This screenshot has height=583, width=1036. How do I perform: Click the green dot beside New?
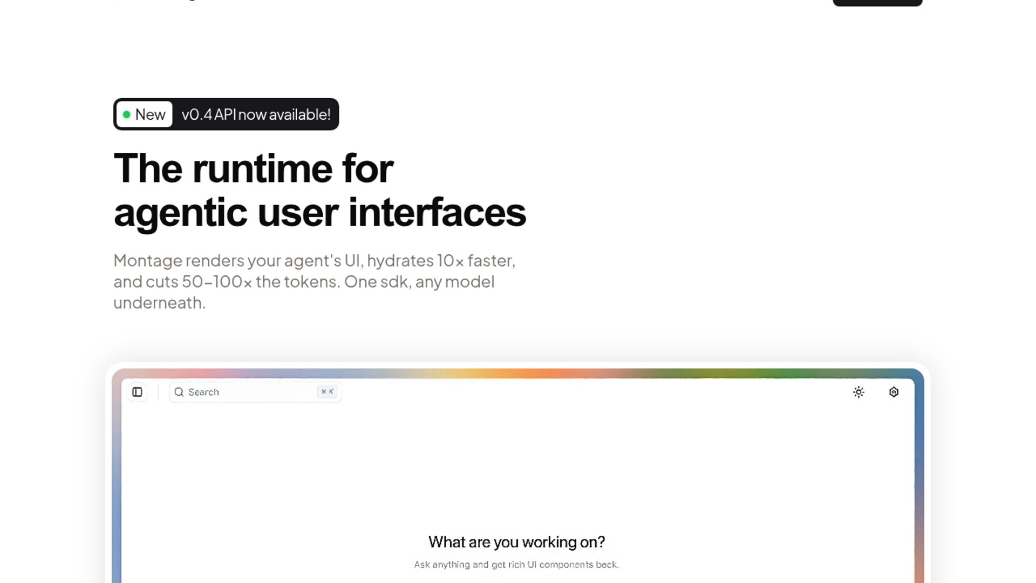[x=127, y=114]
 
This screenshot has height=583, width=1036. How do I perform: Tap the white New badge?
[x=145, y=114]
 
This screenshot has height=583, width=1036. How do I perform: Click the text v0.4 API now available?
[x=256, y=114]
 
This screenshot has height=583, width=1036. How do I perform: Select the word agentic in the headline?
[x=181, y=213]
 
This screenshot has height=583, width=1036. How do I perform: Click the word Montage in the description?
[x=148, y=261]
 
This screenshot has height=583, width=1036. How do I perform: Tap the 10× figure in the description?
[x=450, y=261]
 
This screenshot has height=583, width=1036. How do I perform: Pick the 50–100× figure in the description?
[x=216, y=282]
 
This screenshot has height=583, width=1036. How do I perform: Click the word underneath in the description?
[x=159, y=303]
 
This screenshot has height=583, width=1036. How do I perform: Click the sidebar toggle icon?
[x=138, y=392]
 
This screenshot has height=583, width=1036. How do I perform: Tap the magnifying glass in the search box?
[x=179, y=392]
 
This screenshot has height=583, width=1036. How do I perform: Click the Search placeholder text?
[x=203, y=392]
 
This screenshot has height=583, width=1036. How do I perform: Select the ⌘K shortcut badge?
[x=328, y=392]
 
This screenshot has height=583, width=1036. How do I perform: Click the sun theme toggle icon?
[x=858, y=392]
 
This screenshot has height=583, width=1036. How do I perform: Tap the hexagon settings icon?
[x=894, y=392]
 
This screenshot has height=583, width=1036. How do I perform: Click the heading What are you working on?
[x=516, y=542]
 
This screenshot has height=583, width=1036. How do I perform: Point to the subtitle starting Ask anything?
[x=516, y=565]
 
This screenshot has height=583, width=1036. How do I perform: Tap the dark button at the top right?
[x=877, y=3]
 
